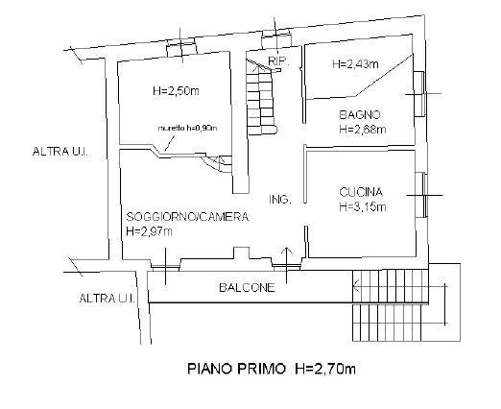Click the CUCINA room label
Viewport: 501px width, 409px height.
(x=361, y=192)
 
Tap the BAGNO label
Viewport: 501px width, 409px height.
(x=360, y=114)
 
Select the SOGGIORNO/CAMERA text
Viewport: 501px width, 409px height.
(x=187, y=217)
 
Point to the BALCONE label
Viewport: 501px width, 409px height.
(x=247, y=287)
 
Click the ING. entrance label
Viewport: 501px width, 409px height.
(x=280, y=200)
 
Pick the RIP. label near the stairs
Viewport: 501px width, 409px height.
(x=278, y=60)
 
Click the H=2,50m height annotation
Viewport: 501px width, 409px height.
(x=176, y=91)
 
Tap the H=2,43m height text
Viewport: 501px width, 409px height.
(x=356, y=64)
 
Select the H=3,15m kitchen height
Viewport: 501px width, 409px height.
(x=363, y=207)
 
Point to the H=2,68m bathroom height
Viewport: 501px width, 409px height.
(x=363, y=130)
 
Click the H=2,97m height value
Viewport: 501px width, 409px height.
(x=150, y=231)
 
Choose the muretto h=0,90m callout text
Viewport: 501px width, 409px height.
(x=188, y=128)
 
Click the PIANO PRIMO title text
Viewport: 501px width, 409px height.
(x=236, y=369)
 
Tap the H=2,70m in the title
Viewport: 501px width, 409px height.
(x=325, y=369)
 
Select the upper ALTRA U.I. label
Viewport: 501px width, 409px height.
(x=60, y=152)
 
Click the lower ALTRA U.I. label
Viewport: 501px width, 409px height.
(x=107, y=299)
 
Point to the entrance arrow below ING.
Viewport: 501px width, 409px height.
(x=287, y=265)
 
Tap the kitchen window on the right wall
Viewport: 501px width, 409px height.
(x=421, y=195)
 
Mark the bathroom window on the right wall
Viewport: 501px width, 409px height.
(x=419, y=94)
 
